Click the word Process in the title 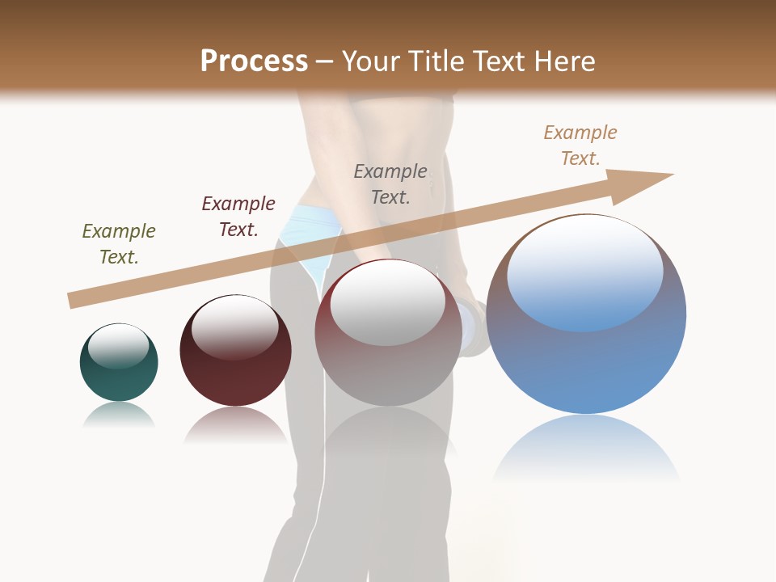(254, 61)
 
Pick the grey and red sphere (388, 364)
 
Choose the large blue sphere (586, 356)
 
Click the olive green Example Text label (119, 243)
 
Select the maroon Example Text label (238, 216)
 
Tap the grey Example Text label (390, 183)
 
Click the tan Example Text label (580, 145)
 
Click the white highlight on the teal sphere (119, 346)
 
